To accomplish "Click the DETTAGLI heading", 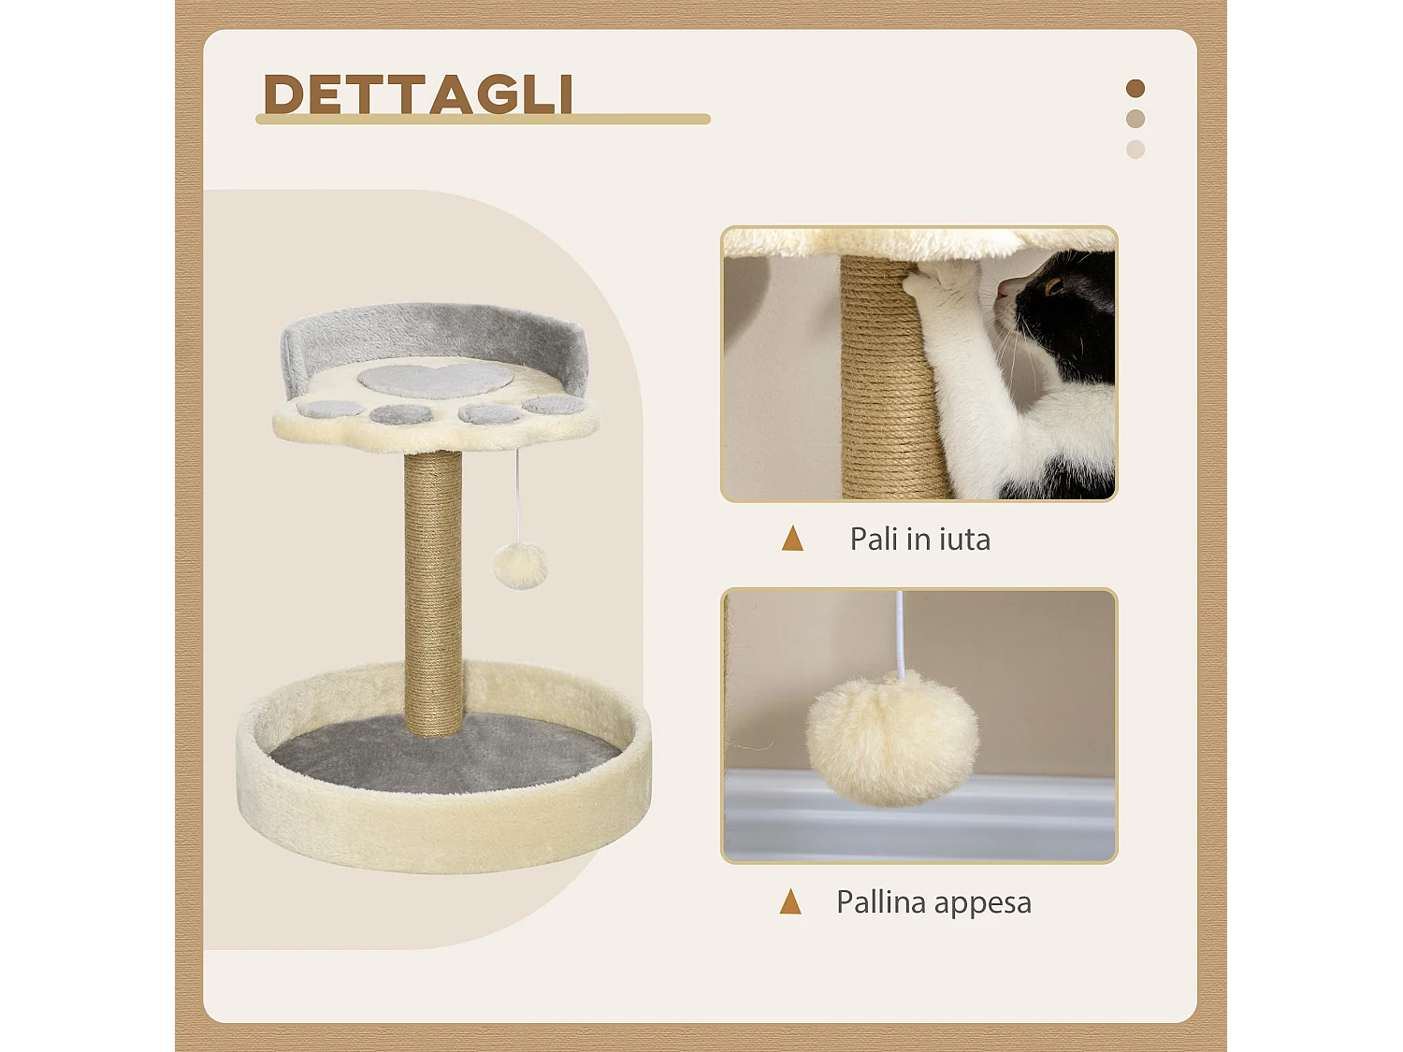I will (x=418, y=94).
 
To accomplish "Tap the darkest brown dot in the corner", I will (x=1135, y=89).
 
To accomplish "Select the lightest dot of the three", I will (x=1135, y=150).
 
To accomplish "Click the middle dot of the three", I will (x=1135, y=119).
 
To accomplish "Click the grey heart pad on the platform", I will (x=435, y=378).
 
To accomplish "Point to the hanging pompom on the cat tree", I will (x=519, y=566).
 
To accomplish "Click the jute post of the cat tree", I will (x=434, y=589).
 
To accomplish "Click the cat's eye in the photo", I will (x=1053, y=286).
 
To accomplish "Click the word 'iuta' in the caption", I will (x=963, y=540).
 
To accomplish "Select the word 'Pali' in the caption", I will (x=875, y=540).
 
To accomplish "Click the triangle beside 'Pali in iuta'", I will (x=792, y=539).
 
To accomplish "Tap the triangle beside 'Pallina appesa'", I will (x=790, y=901).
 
